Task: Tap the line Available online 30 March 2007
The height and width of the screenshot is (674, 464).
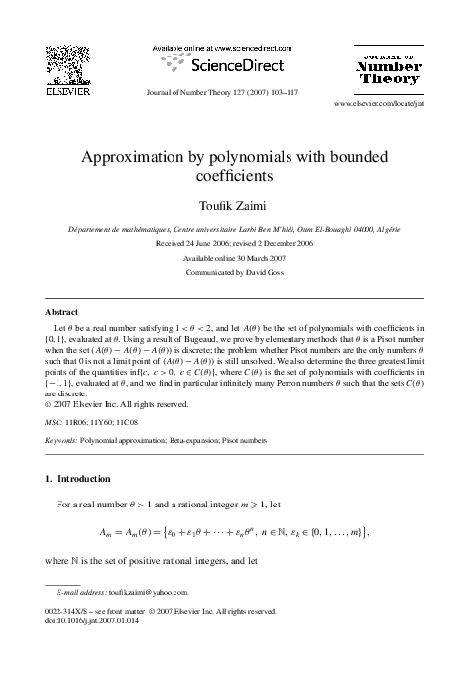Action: [x=231, y=256]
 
